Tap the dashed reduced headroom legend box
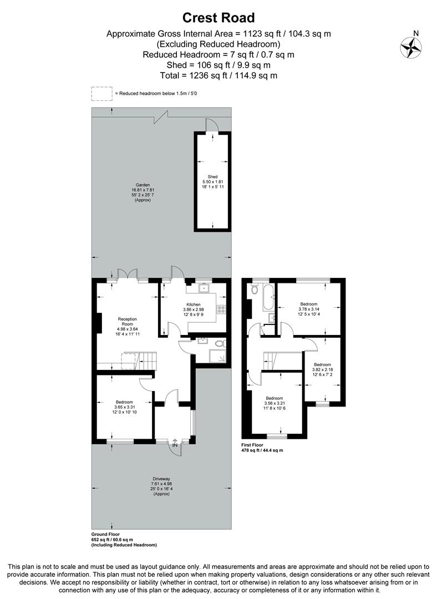101,94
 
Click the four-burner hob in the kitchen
221,310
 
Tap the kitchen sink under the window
203,288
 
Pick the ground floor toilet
220,344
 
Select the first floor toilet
255,289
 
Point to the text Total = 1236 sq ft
219,75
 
